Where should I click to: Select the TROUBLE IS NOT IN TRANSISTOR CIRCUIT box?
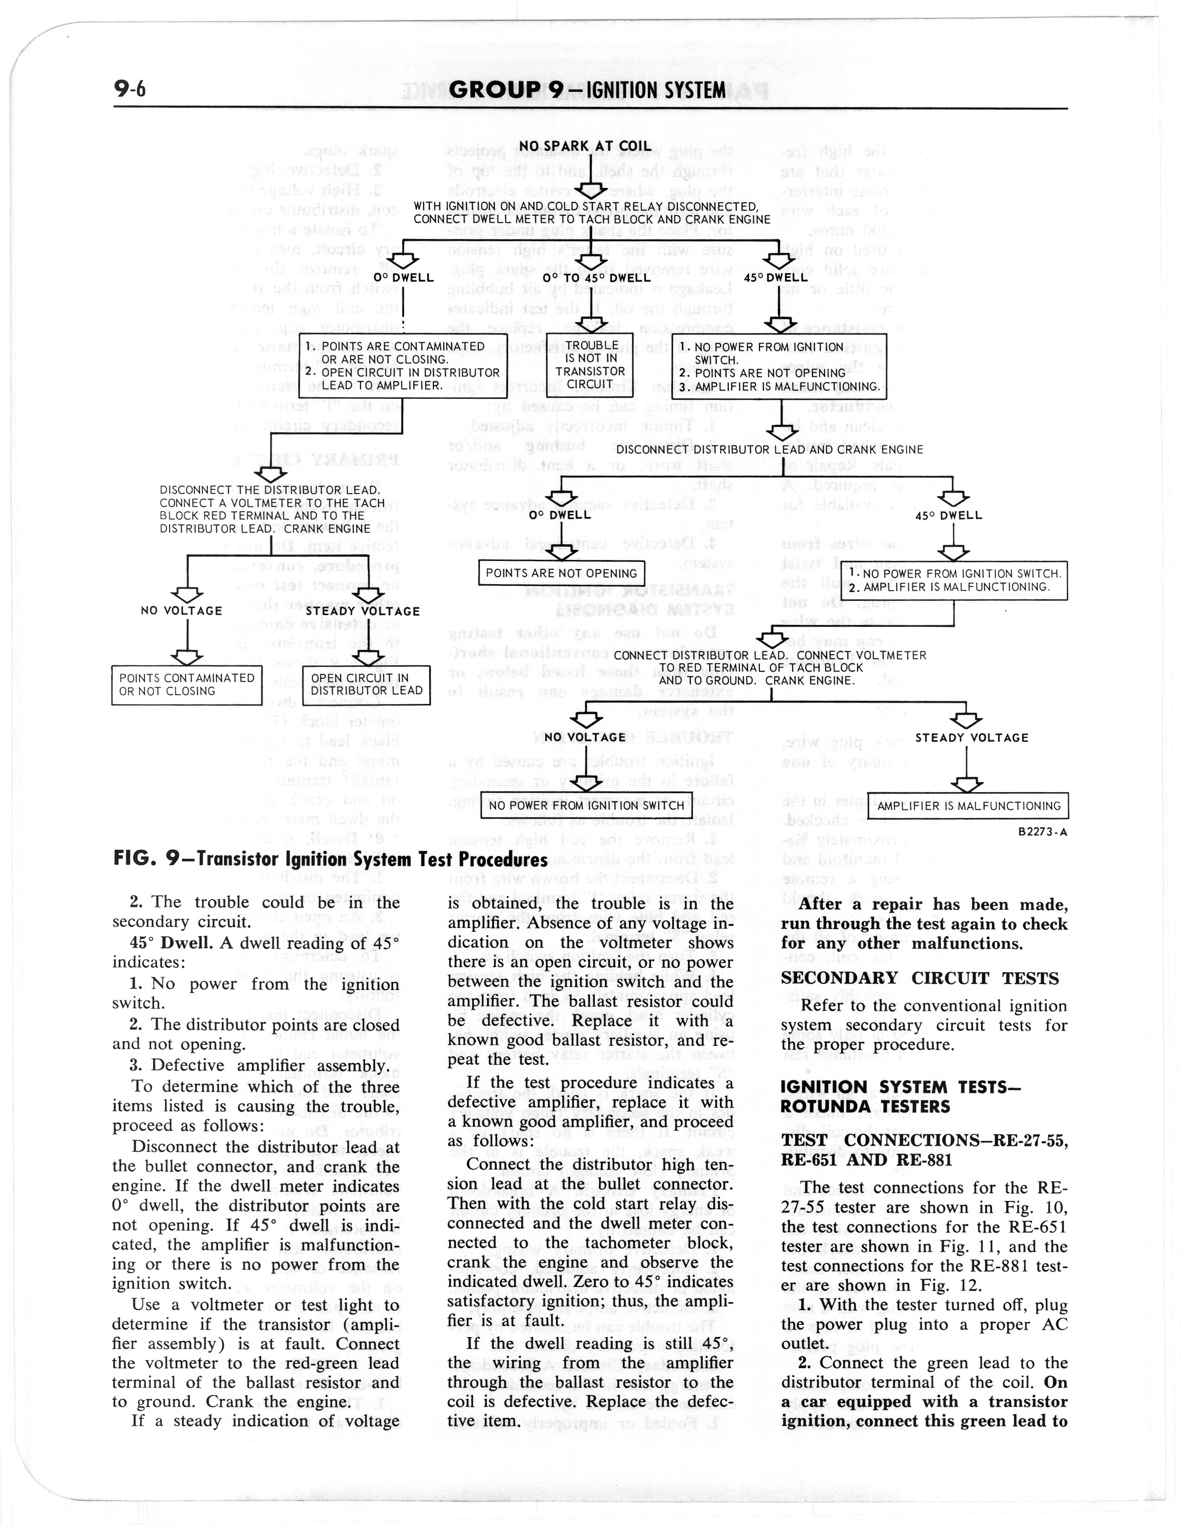592,365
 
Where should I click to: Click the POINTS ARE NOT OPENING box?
561,573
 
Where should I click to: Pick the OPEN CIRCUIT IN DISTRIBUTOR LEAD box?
366,685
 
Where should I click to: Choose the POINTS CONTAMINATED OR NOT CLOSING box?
186,685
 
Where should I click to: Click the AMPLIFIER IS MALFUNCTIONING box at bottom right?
968,806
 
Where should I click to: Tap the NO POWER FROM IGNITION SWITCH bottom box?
586,805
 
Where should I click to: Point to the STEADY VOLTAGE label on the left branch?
363,611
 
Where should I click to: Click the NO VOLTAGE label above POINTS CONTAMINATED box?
181,611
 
